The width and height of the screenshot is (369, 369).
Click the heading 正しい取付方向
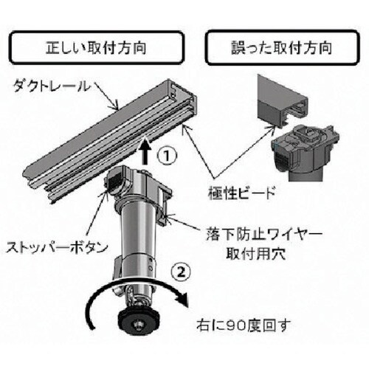point(96,48)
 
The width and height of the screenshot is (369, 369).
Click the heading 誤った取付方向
point(282,48)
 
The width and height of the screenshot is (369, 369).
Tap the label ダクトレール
point(52,86)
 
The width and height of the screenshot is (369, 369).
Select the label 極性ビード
point(241,193)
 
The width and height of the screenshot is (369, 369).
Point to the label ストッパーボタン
point(57,247)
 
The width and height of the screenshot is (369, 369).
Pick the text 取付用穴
point(256,253)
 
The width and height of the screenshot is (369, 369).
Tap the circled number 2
point(181,272)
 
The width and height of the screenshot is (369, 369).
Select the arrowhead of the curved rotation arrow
point(182,300)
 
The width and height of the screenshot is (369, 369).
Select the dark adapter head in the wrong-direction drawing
point(305,149)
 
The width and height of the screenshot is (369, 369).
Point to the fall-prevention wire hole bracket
point(165,212)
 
